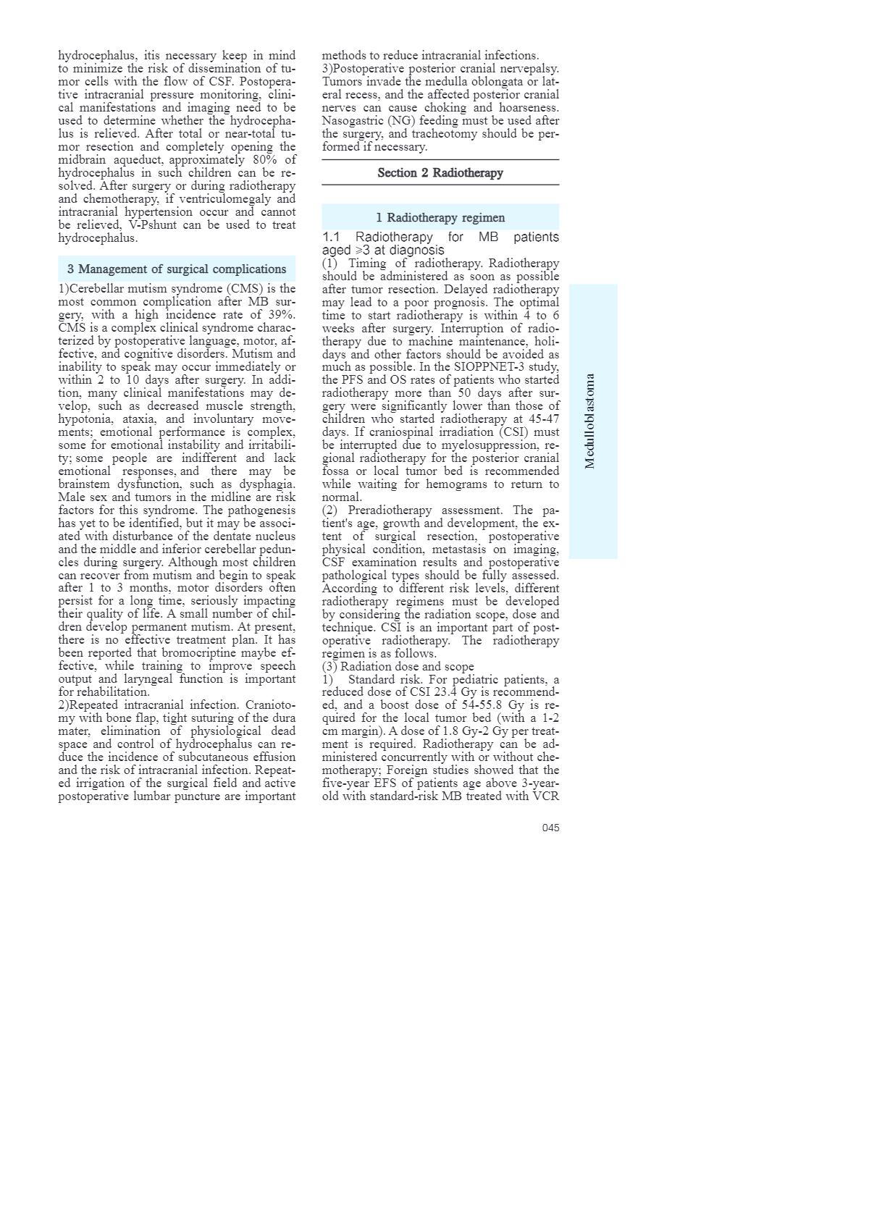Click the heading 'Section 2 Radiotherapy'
440,173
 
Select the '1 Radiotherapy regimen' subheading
440,218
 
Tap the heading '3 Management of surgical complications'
177,269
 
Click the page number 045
550,828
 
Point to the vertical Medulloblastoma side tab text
590,421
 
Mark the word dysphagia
267,484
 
